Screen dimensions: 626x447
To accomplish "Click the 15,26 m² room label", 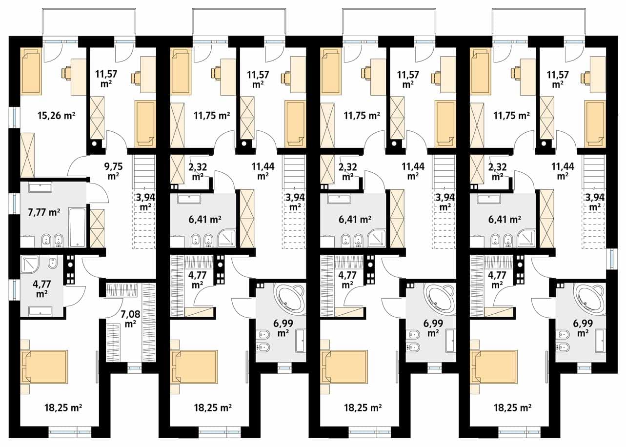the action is coord(57,115).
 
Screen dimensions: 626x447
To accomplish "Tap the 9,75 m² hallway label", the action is coord(114,171).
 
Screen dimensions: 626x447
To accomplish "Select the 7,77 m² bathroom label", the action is coord(44,212).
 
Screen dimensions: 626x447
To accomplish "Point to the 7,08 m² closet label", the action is coord(130,319).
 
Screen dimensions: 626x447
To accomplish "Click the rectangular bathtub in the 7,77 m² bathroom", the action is coord(77,227).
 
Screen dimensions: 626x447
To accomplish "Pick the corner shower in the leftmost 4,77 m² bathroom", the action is coord(30,264).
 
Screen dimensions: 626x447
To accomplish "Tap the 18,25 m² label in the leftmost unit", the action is coord(63,407).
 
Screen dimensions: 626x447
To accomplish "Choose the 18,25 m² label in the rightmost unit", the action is coord(512,407).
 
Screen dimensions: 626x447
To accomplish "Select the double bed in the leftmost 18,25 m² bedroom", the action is coord(45,366).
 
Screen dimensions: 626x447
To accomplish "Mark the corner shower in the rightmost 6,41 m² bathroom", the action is coord(526,239).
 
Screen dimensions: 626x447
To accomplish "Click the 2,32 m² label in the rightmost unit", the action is coord(498,172).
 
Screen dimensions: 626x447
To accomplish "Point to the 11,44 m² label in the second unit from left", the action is coord(263,171).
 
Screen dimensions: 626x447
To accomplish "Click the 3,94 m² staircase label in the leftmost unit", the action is coord(145,203).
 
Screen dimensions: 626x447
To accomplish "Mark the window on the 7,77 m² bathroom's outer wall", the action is coord(14,203).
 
